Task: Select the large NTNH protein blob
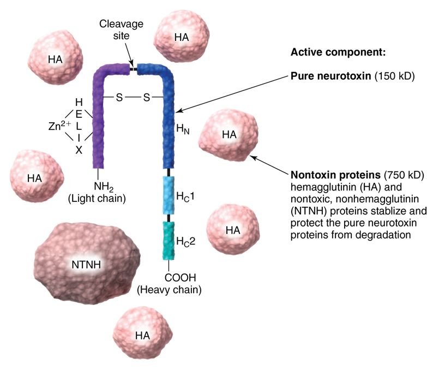click(88, 265)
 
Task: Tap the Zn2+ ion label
click(57, 126)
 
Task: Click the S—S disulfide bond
click(132, 98)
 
